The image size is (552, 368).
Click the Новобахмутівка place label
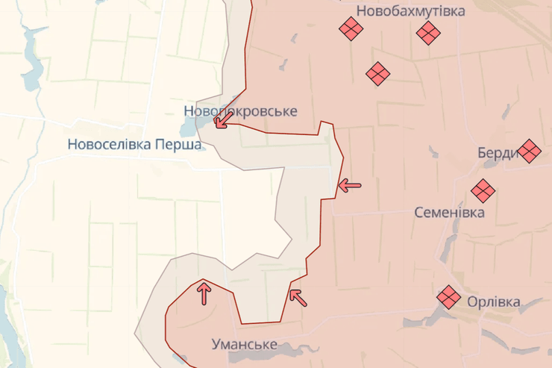[x=410, y=10]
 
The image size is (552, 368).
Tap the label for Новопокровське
[x=240, y=111]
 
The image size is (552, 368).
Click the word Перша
[x=180, y=145]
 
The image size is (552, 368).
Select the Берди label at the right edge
[x=498, y=153]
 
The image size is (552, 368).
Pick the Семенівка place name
[x=449, y=213]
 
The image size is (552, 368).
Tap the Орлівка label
[x=493, y=302]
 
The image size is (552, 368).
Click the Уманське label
[x=244, y=345]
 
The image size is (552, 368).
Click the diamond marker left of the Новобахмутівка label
[x=350, y=29]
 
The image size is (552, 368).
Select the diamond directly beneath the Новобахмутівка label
[x=427, y=32]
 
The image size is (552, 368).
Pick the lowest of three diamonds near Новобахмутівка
[x=378, y=73]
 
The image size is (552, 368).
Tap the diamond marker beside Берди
[x=529, y=151]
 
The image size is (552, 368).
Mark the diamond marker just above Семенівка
[x=483, y=191]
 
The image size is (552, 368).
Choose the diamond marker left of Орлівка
[x=449, y=297]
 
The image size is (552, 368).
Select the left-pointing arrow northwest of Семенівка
[x=349, y=185]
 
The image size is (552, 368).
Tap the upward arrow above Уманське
[x=203, y=293]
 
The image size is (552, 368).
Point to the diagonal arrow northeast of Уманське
[x=298, y=298]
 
